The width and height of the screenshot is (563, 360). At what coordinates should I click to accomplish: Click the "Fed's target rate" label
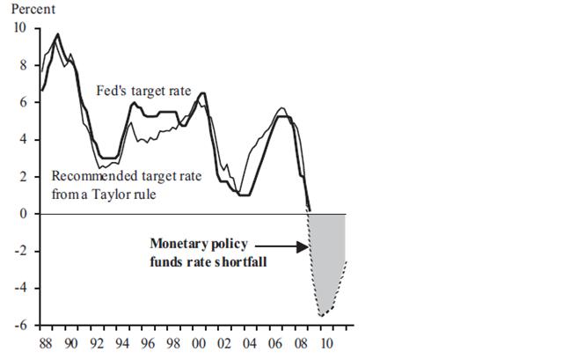point(143,90)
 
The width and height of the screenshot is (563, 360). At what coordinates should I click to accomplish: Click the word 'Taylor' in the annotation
point(116,193)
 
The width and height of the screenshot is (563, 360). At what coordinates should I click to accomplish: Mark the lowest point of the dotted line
point(322,315)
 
